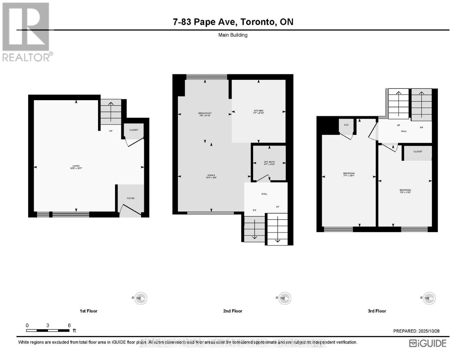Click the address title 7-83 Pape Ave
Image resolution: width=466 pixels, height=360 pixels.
coord(233,22)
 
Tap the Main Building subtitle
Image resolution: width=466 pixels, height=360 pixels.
coord(233,35)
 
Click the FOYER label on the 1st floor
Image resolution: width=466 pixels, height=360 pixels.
coord(131,198)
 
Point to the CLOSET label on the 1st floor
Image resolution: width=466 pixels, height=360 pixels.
coord(134,130)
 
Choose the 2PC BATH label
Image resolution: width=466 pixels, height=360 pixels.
coord(269,163)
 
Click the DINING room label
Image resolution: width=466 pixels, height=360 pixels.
coord(211,176)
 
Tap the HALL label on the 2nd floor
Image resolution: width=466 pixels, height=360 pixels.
coord(264,194)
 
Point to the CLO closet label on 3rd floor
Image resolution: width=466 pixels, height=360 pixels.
coord(346,125)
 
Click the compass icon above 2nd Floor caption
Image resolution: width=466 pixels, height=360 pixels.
coord(284,298)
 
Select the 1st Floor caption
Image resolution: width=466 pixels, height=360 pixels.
coord(89,311)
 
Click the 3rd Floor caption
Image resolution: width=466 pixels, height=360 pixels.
coord(377,311)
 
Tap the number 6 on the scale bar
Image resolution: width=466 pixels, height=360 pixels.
coord(69,325)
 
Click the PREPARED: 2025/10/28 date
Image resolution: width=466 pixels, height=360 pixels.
coord(416,331)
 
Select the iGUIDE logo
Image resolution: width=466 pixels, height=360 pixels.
coord(428,343)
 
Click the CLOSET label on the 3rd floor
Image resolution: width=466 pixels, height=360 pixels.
coord(418,151)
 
